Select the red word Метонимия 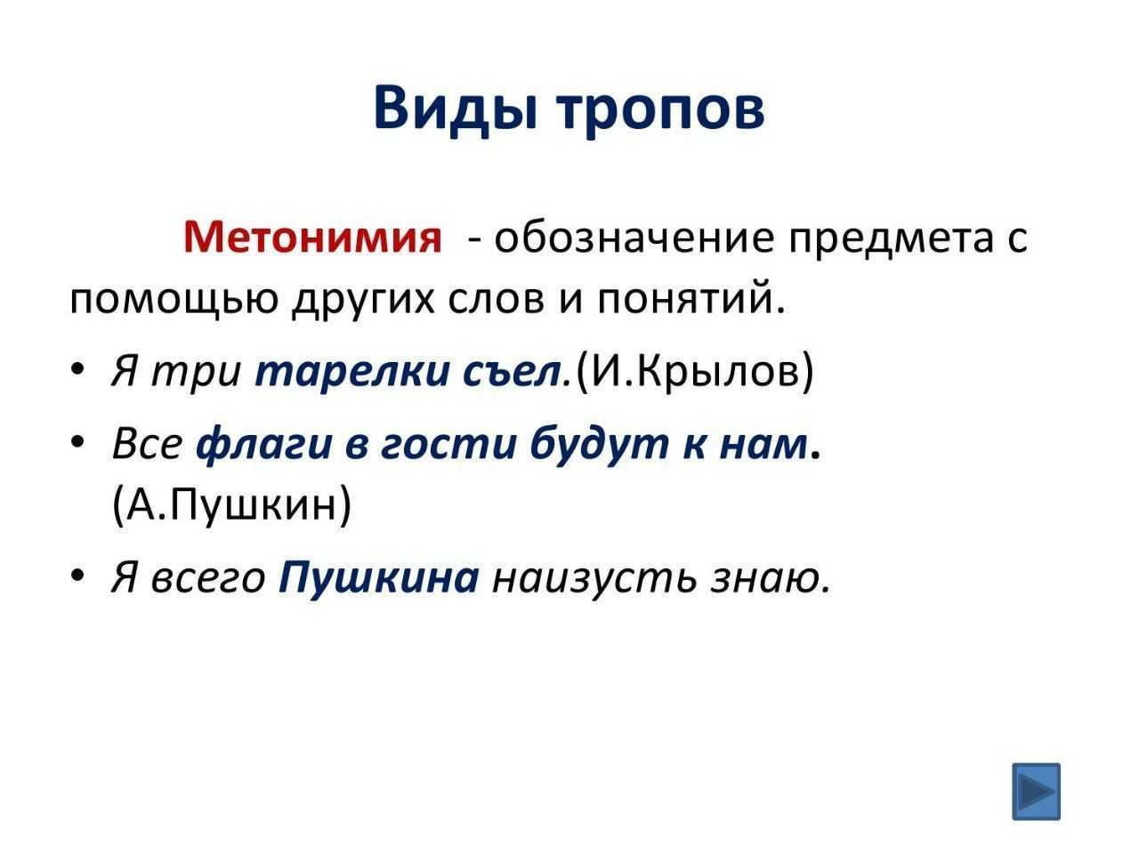point(312,238)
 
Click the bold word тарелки point(351,372)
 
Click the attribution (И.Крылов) point(695,372)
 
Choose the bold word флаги point(263,446)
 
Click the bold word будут point(598,445)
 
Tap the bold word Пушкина point(379,577)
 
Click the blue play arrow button point(1036,792)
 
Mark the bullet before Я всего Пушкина point(77,575)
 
